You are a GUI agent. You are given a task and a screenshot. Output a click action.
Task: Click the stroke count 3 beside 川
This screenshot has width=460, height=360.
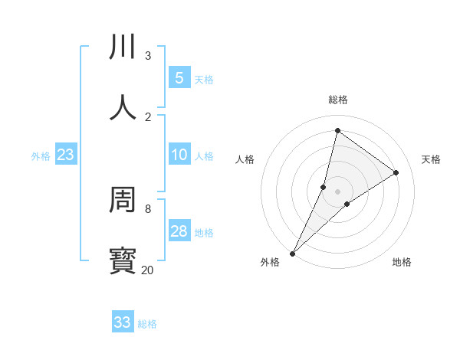pyautogui.click(x=148, y=56)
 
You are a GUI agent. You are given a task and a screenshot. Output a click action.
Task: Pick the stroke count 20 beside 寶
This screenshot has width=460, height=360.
pyautogui.click(x=147, y=270)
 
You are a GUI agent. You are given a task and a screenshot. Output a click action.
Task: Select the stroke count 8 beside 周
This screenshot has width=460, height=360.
pyautogui.click(x=148, y=208)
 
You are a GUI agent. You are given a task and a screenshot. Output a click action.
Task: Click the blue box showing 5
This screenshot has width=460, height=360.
pyautogui.click(x=179, y=78)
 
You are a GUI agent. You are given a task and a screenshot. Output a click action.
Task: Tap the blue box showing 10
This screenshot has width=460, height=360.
pyautogui.click(x=179, y=155)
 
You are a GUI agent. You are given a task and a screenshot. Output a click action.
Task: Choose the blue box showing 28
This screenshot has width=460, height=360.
pyautogui.click(x=179, y=231)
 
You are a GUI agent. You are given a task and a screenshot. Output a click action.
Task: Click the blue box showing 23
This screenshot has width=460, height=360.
pyautogui.click(x=65, y=155)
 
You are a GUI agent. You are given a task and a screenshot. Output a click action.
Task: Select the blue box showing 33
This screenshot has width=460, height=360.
pyautogui.click(x=122, y=322)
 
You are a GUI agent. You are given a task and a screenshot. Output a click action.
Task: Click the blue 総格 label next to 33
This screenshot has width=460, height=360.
pyautogui.click(x=147, y=324)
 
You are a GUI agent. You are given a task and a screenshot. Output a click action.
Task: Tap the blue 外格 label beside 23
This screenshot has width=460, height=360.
pyautogui.click(x=41, y=156)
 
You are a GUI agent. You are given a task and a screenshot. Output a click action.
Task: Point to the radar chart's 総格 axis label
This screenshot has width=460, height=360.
pyautogui.click(x=338, y=100)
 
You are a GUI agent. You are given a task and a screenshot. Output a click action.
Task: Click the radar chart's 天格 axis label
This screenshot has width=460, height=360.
pyautogui.click(x=432, y=159)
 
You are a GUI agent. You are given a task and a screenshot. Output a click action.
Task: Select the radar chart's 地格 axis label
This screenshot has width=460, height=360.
pyautogui.click(x=402, y=262)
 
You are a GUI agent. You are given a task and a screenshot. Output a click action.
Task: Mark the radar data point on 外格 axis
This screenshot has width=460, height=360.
pyautogui.click(x=292, y=254)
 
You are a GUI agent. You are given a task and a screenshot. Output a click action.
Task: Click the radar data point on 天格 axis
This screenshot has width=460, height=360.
pyautogui.click(x=396, y=172)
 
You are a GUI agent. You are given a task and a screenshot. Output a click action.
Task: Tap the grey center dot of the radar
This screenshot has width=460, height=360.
pyautogui.click(x=338, y=191)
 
